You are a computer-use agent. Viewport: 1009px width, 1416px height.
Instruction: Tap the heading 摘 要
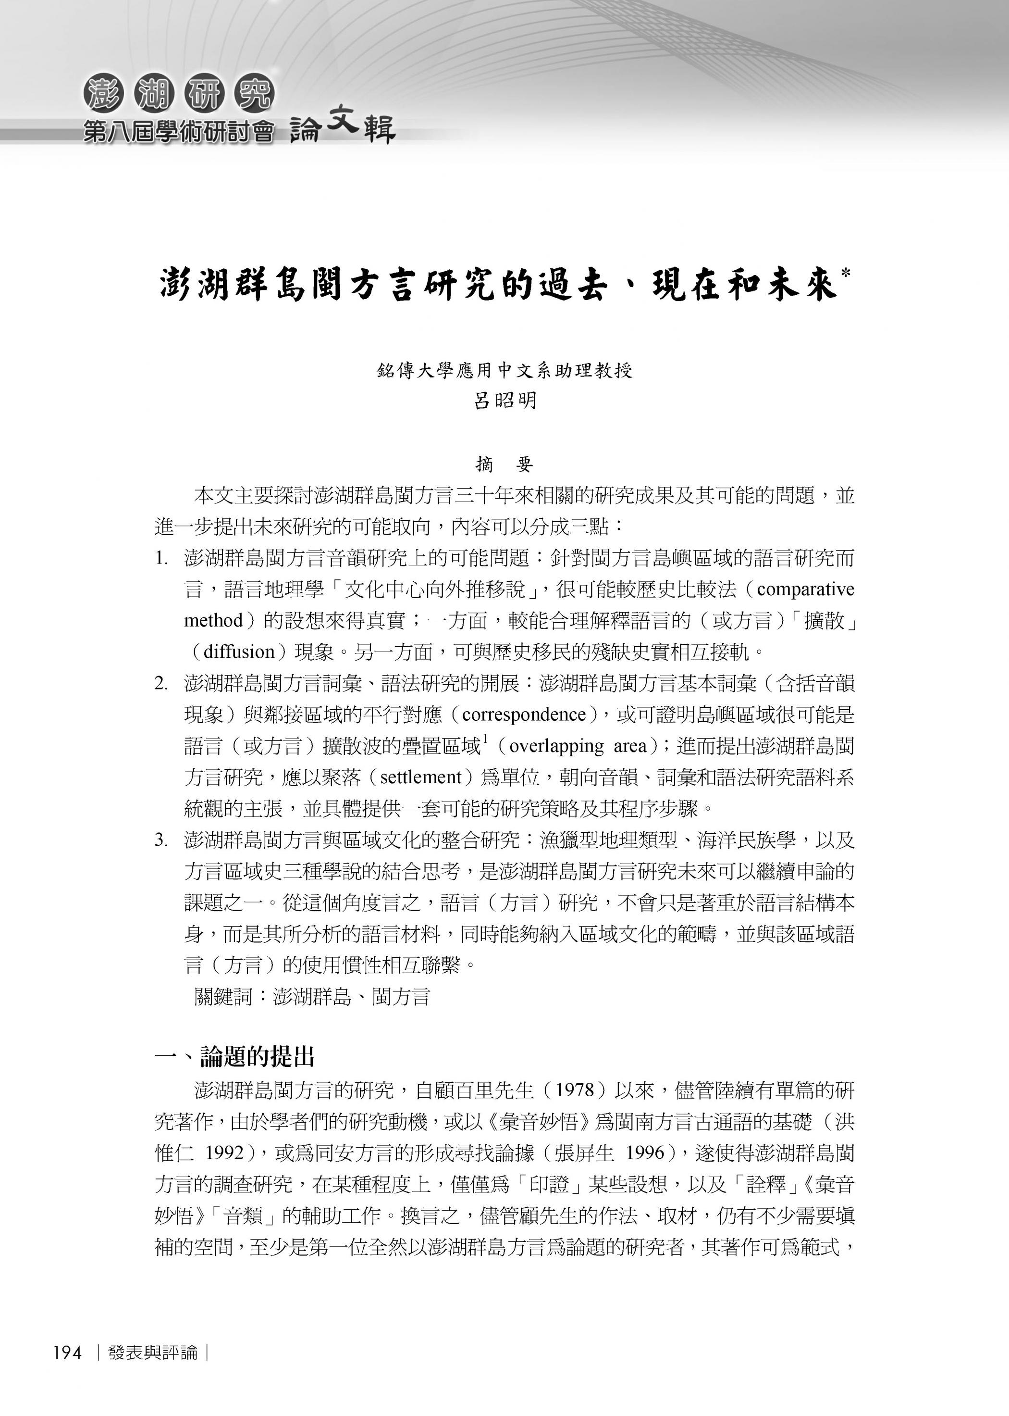click(x=504, y=464)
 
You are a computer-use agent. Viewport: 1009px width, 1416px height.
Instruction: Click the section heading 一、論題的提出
click(x=235, y=1056)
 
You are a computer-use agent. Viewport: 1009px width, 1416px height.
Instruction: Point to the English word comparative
click(x=805, y=589)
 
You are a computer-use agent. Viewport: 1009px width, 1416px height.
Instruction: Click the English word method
click(x=213, y=620)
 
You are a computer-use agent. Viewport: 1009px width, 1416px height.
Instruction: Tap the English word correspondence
click(x=524, y=714)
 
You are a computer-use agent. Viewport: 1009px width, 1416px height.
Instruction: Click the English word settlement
click(x=420, y=777)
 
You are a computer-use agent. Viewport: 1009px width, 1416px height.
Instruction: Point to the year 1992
click(x=224, y=1153)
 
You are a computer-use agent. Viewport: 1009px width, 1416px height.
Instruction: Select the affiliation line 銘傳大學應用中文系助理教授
click(x=504, y=371)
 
